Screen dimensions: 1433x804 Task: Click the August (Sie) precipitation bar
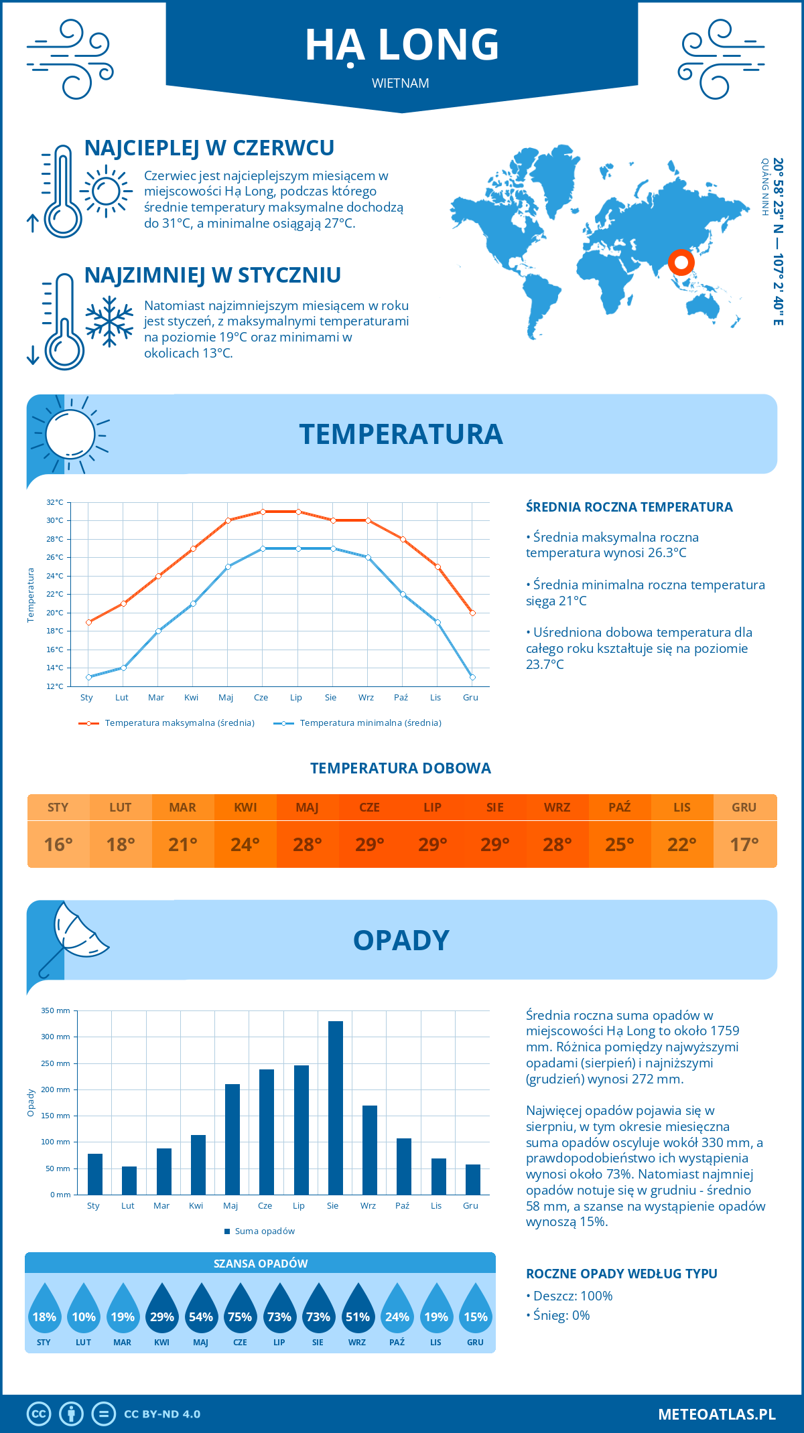click(x=336, y=1108)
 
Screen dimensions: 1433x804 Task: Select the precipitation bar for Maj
click(x=232, y=1139)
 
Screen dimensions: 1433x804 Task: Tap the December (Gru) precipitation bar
click(x=473, y=1179)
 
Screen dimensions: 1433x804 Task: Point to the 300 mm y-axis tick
click(x=56, y=1037)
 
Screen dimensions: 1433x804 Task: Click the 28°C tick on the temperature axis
click(x=55, y=539)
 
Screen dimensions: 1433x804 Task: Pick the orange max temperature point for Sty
click(x=88, y=622)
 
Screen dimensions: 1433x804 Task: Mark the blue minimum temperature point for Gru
click(x=472, y=677)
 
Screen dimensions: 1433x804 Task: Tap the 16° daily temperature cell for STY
click(x=58, y=844)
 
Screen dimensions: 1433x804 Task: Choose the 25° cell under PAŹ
click(x=620, y=844)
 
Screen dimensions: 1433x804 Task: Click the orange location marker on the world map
click(x=681, y=262)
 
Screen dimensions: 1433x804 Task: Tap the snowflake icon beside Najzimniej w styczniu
click(x=109, y=321)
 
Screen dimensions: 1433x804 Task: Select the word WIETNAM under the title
click(x=401, y=84)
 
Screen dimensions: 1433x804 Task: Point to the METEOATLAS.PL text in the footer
click(x=716, y=1414)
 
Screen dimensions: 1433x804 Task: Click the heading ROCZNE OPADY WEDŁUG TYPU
click(x=621, y=1274)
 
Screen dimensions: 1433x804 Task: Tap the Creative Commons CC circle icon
click(x=39, y=1414)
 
